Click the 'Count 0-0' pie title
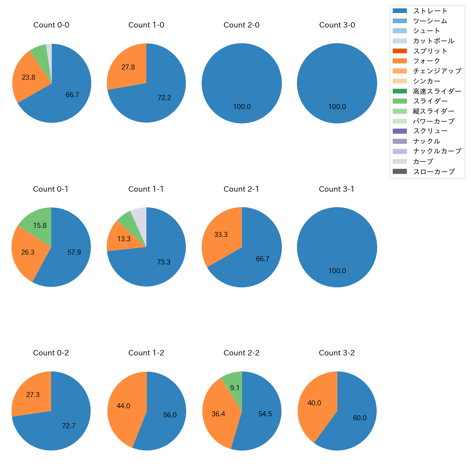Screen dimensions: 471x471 pos(51,25)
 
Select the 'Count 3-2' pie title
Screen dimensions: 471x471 pos(337,353)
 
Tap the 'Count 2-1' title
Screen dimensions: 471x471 pos(241,189)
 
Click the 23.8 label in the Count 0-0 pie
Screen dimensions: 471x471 pos(29,77)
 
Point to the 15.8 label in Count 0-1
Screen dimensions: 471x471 pos(40,226)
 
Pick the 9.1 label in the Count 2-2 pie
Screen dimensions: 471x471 pos(235,388)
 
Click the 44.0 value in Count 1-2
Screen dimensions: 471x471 pos(123,406)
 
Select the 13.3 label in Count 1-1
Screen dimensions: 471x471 pos(124,239)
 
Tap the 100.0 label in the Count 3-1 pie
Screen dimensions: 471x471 pos(337,271)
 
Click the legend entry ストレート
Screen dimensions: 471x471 pos(430,11)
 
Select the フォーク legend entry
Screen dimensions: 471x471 pos(426,61)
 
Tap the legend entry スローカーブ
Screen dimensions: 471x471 pos(434,172)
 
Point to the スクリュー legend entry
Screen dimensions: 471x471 pos(430,131)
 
